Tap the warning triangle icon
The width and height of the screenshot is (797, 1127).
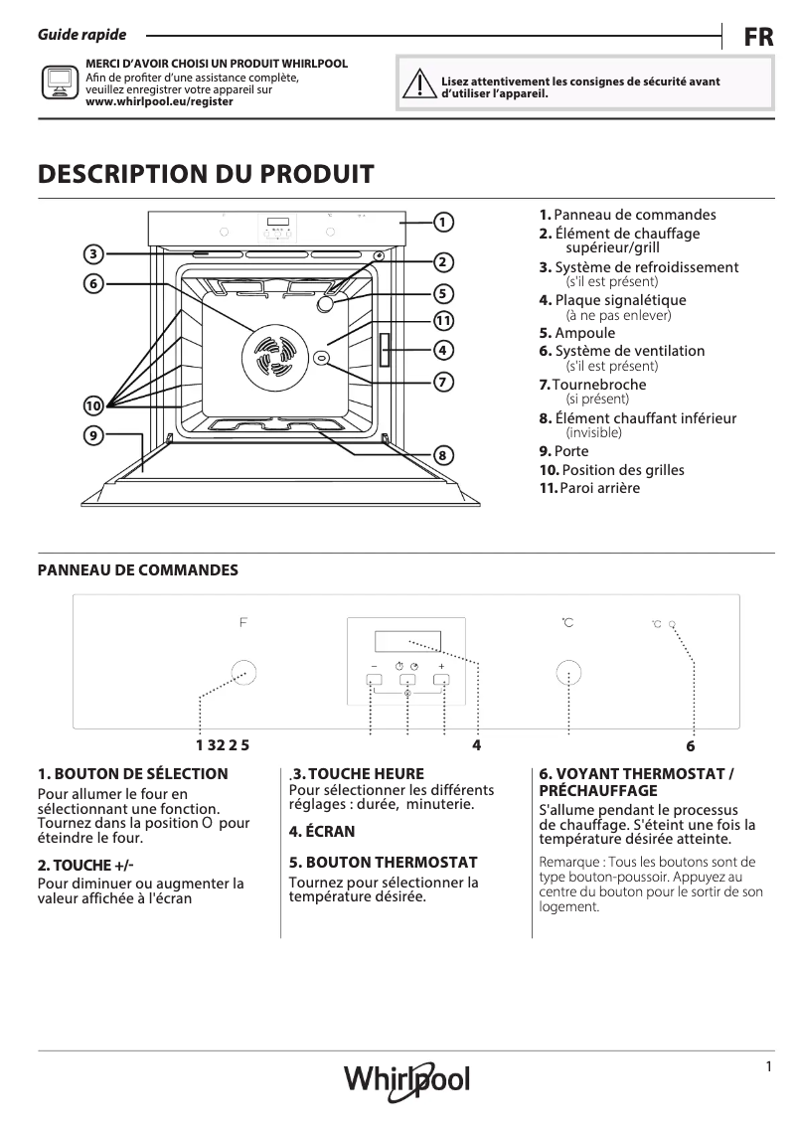point(421,86)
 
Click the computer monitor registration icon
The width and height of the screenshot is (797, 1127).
point(58,81)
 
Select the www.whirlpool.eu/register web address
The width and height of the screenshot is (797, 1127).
point(160,101)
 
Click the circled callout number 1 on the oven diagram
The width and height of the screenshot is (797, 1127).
point(444,222)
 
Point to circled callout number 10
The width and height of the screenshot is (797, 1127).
point(92,405)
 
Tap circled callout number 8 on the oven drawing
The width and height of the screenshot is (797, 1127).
point(443,455)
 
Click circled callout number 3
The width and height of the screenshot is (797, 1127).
point(92,254)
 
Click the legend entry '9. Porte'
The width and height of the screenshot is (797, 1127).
point(563,451)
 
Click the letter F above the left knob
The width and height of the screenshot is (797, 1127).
point(242,623)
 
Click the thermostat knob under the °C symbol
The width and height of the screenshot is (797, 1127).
point(567,674)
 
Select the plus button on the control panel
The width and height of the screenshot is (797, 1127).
point(441,681)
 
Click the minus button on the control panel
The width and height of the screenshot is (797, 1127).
point(374,681)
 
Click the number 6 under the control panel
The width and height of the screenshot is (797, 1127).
point(690,745)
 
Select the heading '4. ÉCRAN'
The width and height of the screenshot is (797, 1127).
point(321,831)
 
